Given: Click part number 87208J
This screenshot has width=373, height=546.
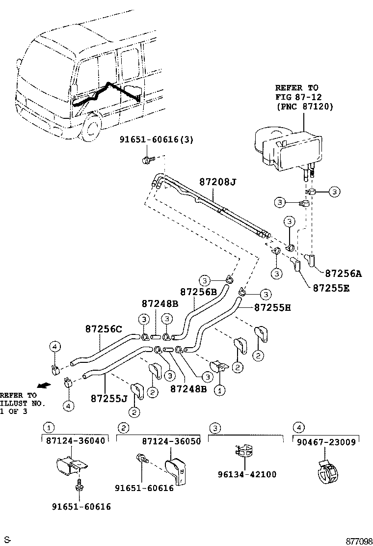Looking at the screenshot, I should pyautogui.click(x=217, y=182).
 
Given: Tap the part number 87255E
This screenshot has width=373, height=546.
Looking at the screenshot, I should pyautogui.click(x=331, y=288).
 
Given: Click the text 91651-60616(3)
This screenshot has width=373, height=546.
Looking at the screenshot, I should pyautogui.click(x=156, y=139).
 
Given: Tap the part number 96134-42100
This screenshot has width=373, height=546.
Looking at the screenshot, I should pyautogui.click(x=246, y=474).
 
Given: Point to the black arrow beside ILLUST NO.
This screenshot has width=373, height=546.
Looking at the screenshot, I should pyautogui.click(x=43, y=385).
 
